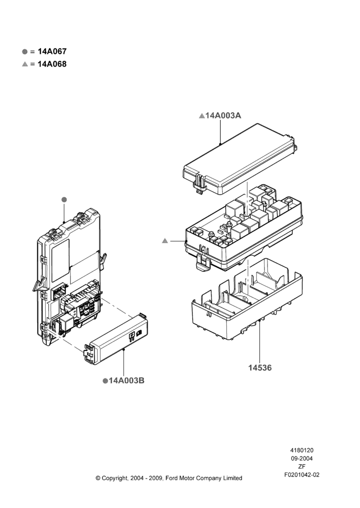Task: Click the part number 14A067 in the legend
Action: click(52, 51)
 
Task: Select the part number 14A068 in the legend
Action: click(52, 64)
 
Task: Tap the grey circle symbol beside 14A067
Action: click(24, 51)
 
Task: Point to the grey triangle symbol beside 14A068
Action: click(24, 64)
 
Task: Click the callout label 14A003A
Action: click(223, 116)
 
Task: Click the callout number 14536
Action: click(260, 368)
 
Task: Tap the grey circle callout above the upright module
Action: click(64, 200)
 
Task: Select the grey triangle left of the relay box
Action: click(165, 240)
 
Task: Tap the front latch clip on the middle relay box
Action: click(203, 259)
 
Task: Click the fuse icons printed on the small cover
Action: click(136, 335)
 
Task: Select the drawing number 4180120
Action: click(302, 450)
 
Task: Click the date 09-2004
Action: click(302, 458)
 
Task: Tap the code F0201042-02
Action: click(302, 474)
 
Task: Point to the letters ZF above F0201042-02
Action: click(302, 466)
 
